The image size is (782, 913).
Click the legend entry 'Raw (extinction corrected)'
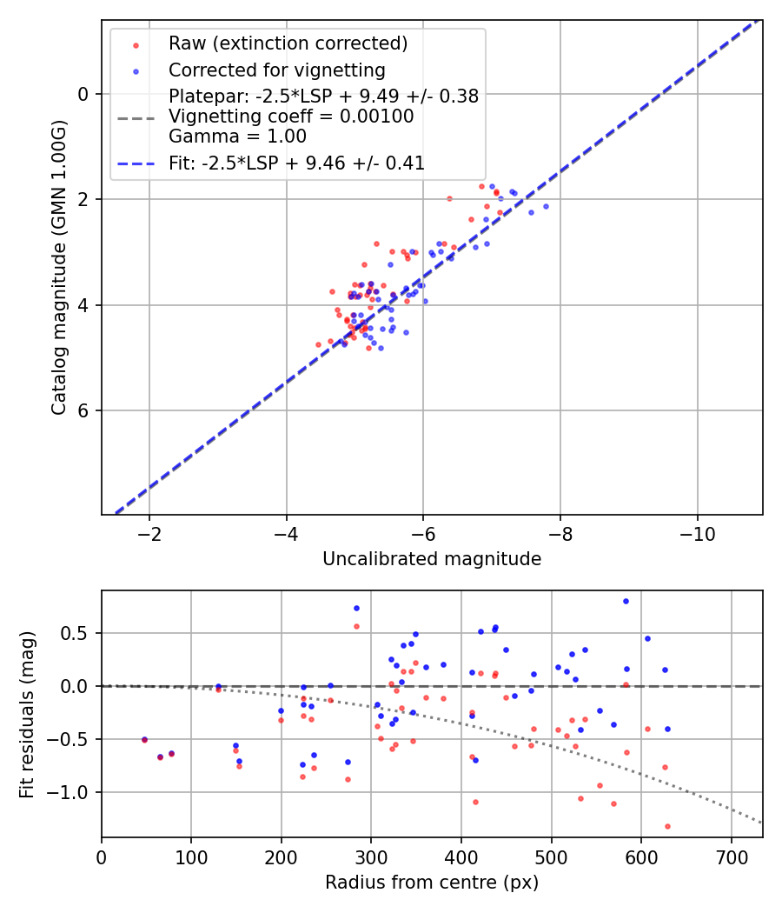tap(288, 43)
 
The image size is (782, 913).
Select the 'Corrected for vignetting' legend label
tap(276, 70)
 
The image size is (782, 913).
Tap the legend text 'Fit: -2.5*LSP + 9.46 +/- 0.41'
tap(296, 163)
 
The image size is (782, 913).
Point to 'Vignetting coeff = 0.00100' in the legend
tap(291, 117)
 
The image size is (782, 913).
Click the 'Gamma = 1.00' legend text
tap(237, 137)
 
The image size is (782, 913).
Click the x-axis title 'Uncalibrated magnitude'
tap(432, 559)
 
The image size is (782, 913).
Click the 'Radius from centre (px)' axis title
tap(432, 883)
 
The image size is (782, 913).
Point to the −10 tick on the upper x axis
tap(696, 532)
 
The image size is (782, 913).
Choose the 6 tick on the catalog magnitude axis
tap(84, 410)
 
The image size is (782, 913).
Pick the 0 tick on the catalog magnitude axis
tap(84, 94)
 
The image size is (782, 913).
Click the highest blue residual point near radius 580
tap(626, 601)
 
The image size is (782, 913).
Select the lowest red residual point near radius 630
tap(667, 826)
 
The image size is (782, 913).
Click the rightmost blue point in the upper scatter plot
tap(546, 206)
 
